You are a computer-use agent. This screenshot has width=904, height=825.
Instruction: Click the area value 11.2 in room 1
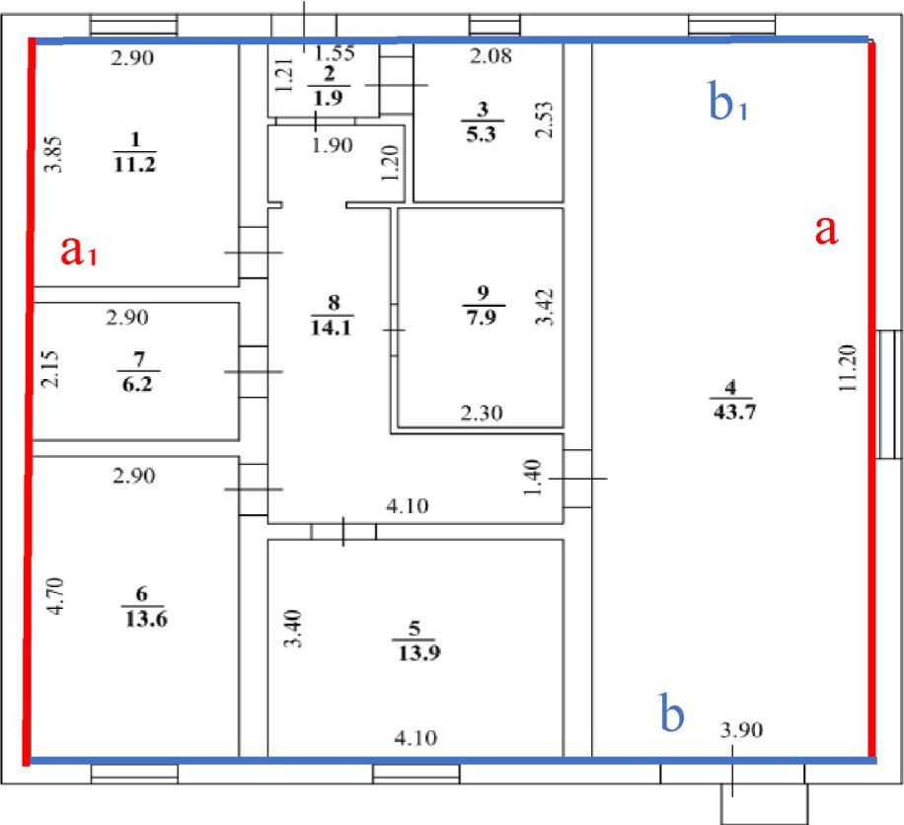coord(135,164)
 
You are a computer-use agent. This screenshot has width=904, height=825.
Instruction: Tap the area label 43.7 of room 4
coord(734,412)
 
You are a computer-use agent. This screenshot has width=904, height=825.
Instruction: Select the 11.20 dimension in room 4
coord(848,368)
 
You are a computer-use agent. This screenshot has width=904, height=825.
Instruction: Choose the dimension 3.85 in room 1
coord(53,155)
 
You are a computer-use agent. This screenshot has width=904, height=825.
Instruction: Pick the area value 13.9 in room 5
coord(419,652)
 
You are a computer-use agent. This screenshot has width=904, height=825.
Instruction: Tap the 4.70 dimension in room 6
coord(55,596)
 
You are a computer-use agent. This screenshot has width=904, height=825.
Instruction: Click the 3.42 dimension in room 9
coord(545,307)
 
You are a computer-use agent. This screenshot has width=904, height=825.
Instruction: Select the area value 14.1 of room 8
coord(331,328)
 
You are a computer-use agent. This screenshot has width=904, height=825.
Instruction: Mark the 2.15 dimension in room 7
coord(50,369)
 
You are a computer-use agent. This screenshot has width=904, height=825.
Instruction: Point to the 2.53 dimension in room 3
coord(544,120)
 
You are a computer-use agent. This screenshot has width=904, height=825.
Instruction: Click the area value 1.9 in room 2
coord(328,98)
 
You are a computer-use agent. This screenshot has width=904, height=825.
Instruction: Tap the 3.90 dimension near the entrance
coord(741,730)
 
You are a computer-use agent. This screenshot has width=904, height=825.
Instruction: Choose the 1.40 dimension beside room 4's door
coord(532,478)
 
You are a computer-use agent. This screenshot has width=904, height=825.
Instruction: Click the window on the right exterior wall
coord(888,395)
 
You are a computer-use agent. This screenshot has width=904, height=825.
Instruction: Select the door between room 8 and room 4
coord(577,479)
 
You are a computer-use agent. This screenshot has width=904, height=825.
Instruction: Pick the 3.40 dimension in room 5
coord(294,629)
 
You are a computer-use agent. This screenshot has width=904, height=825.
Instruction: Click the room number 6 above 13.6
coord(142,593)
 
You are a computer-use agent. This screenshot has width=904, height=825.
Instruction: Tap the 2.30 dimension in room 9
coord(482,412)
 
